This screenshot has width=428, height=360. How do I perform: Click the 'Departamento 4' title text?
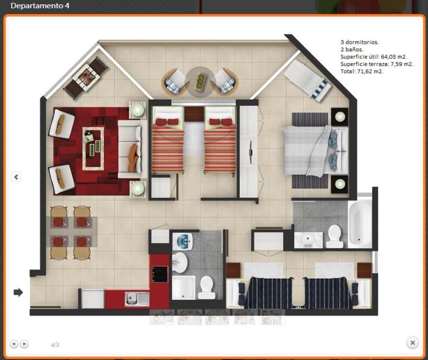point(40,6)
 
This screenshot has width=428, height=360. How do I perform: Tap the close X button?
point(413,342)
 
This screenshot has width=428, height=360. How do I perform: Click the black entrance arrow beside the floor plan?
point(18,292)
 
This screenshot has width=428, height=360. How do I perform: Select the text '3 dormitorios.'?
point(360,42)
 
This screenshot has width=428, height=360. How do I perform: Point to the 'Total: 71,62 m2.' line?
point(362,72)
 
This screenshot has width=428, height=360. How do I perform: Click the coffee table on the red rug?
point(93,149)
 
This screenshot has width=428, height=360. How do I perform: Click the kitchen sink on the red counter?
point(137,299)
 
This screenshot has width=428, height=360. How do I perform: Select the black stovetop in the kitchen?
point(160,274)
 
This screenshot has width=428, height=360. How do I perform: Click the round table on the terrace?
point(200,82)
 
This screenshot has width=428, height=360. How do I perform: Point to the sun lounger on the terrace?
point(308,81)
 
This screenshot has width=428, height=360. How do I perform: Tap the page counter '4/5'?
point(55,345)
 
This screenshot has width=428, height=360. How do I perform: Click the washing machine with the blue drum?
point(182,241)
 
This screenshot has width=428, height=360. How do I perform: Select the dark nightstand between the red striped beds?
point(194,114)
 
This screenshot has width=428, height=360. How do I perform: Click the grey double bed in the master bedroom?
point(316,150)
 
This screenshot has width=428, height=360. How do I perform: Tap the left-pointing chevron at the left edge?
point(16,177)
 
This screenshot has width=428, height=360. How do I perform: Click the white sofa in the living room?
point(132,149)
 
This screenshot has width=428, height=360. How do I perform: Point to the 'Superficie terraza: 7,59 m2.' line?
point(377,64)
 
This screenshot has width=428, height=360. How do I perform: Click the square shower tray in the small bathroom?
point(183,288)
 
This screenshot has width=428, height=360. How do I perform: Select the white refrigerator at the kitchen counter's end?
point(93,299)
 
